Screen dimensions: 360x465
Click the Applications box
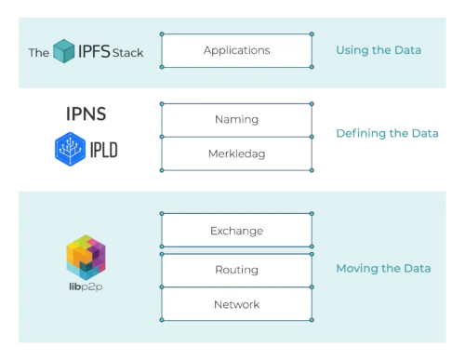(x=236, y=50)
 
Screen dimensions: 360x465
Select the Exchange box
(x=236, y=230)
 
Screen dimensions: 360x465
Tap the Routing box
(x=236, y=270)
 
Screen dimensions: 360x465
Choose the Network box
(x=236, y=304)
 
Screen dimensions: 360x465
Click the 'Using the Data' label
(x=378, y=49)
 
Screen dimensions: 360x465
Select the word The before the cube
(x=37, y=52)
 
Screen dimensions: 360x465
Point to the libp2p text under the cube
(x=86, y=285)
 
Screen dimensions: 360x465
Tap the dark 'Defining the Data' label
(x=386, y=135)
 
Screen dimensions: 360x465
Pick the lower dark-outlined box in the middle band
(x=236, y=155)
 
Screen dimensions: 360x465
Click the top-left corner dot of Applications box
(x=162, y=33)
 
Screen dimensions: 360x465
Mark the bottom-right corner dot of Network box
(x=312, y=321)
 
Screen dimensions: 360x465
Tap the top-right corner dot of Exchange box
(x=312, y=213)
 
